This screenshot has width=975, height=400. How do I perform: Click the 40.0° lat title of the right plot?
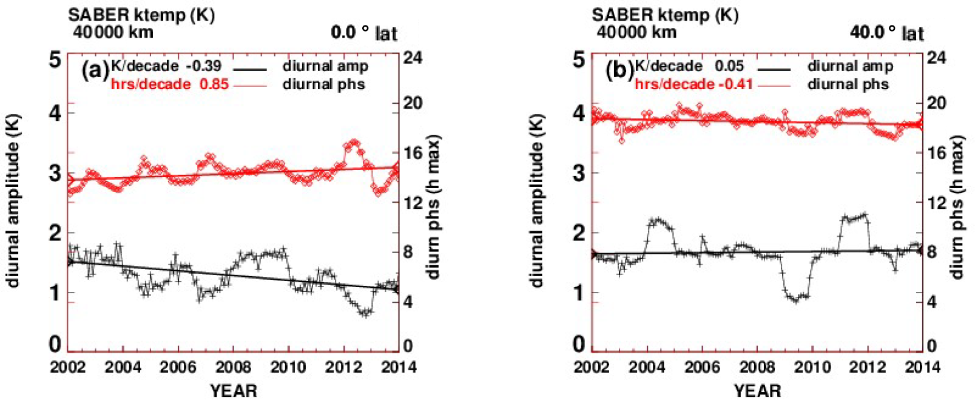887,32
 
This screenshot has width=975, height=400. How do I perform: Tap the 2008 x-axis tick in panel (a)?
234,367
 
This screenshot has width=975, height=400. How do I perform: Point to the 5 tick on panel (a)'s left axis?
55,60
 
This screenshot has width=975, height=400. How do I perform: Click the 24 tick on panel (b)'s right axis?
937,58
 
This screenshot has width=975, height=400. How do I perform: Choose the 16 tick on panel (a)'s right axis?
413,153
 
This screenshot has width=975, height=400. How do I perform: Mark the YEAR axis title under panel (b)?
757,390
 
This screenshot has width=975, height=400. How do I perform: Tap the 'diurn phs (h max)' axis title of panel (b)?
957,206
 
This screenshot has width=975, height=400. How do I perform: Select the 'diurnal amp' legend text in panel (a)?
325,66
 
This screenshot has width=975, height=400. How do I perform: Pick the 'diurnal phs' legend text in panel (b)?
848,84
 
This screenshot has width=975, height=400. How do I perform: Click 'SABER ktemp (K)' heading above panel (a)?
141,15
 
